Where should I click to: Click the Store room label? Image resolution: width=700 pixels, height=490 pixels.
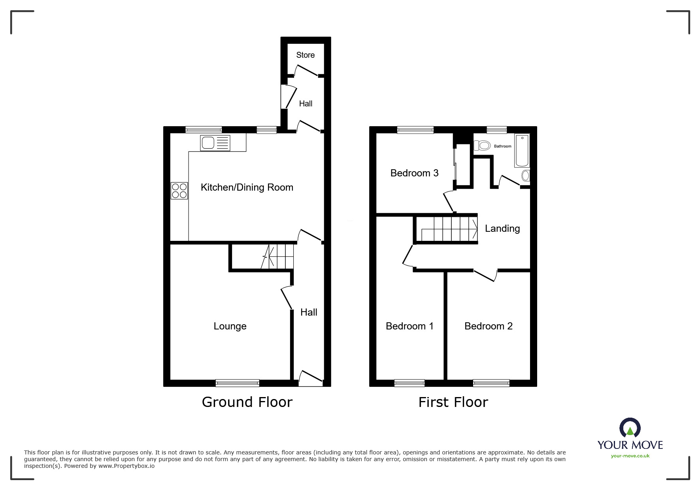pos(305,55)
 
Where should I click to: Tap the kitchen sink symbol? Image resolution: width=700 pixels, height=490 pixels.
pos(215,143)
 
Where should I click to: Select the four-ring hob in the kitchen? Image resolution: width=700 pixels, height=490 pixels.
pos(179,191)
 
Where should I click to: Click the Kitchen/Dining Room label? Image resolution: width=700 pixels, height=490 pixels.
pos(247,187)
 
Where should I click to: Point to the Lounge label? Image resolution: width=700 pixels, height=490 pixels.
pos(230,326)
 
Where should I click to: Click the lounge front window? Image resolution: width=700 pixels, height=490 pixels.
pos(237,382)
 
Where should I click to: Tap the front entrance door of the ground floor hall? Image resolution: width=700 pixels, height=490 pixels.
pos(310,379)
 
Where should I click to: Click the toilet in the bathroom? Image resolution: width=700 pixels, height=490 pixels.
pos(482,146)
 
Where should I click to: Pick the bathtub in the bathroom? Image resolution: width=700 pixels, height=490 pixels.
pos(522,151)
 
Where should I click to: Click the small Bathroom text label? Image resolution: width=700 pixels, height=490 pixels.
pos(502,146)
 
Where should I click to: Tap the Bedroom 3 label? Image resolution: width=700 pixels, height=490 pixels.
pos(414,173)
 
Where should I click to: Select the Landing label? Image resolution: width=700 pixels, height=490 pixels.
pos(502,229)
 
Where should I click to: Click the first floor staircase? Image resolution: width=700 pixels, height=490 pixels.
pos(449,229)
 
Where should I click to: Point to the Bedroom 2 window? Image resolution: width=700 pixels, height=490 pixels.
pos(491,382)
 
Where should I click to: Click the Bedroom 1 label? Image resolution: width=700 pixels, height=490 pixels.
pos(409,326)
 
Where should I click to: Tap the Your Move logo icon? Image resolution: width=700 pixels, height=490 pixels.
pos(630,428)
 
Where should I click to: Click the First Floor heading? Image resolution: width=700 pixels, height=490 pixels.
pos(453,402)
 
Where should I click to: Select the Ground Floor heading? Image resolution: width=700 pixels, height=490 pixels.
pos(247,402)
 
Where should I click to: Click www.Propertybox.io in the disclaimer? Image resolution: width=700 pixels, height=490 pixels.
pos(126,466)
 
